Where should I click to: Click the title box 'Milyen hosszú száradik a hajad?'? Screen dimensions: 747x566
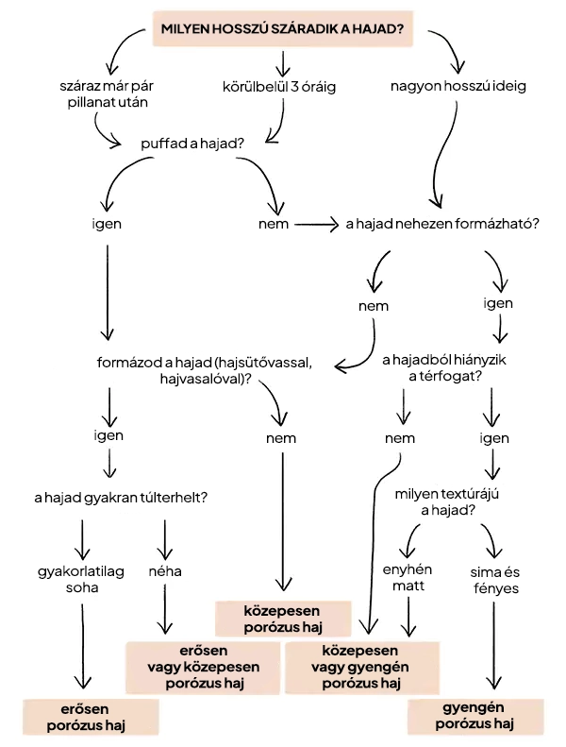(282, 29)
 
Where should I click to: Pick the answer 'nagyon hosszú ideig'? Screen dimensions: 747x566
(458, 86)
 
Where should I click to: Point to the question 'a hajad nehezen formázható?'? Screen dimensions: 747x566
(442, 225)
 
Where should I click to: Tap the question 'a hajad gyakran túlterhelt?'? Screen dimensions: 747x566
(121, 497)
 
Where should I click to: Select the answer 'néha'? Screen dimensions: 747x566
(165, 571)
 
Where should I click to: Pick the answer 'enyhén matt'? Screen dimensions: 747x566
(409, 579)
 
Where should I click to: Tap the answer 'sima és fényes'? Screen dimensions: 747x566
(493, 579)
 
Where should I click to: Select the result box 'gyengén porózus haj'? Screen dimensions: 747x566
(476, 717)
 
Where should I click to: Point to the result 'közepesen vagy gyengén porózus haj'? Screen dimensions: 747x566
(363, 667)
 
